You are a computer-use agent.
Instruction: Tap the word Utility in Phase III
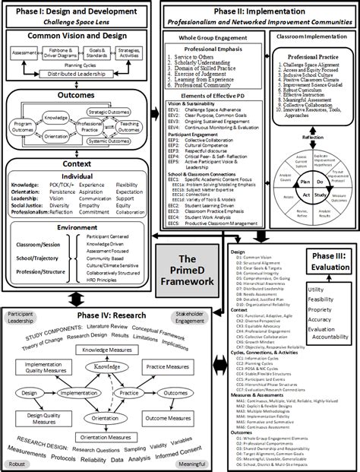317,290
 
